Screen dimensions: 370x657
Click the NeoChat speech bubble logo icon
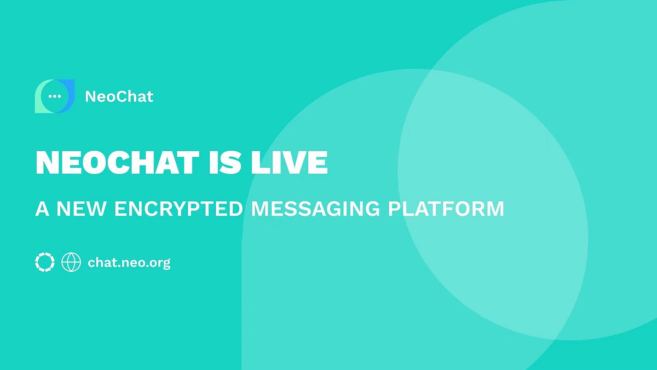click(54, 96)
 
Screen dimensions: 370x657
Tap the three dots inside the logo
click(54, 96)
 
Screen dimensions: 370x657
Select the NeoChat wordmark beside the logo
click(119, 97)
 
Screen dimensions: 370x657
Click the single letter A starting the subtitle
click(41, 209)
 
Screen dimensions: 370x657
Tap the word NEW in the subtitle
click(77, 209)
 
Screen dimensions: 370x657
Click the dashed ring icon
click(44, 262)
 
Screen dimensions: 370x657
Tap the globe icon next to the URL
click(71, 262)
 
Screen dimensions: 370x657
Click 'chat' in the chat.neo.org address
click(101, 263)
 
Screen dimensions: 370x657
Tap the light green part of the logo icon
click(39, 104)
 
